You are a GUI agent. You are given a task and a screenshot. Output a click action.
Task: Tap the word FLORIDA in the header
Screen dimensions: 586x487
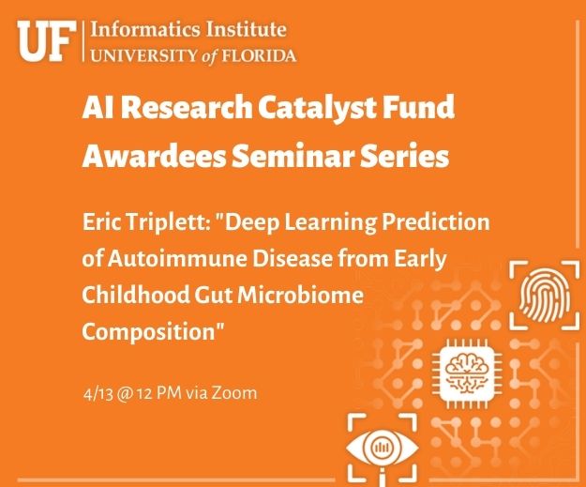click(259, 56)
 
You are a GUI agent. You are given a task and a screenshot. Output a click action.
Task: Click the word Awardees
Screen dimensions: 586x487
click(154, 156)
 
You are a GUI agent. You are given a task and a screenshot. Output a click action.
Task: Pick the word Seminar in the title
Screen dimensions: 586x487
click(293, 156)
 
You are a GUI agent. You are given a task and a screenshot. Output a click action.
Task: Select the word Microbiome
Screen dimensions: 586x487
click(301, 295)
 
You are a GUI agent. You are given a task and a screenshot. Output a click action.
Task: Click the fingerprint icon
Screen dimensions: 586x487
click(545, 296)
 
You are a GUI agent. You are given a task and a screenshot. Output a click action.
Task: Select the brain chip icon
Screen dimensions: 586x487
click(467, 373)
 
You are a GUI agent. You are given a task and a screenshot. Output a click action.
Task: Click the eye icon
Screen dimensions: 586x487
click(383, 448)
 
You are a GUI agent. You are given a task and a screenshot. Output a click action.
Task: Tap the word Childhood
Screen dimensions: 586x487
click(136, 295)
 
